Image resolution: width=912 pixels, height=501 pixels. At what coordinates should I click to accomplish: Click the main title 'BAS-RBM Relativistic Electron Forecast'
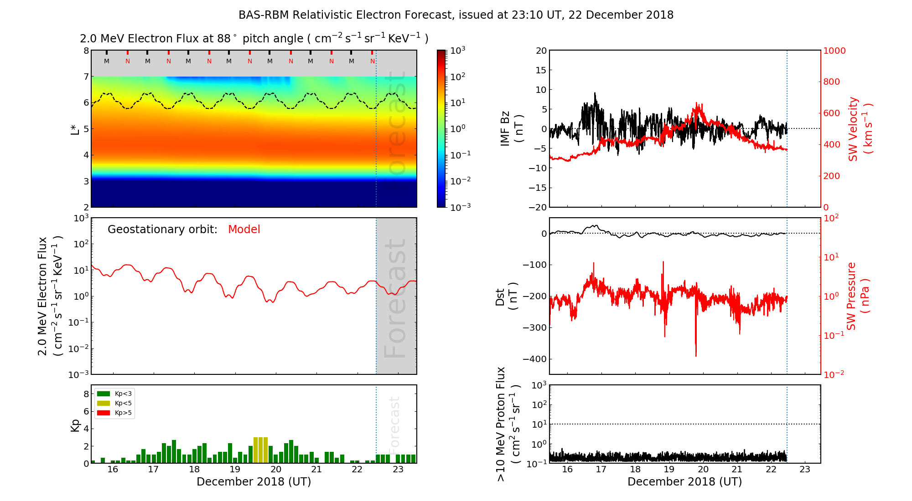(x=456, y=15)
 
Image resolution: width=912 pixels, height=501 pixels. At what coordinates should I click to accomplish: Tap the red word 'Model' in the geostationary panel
(x=244, y=230)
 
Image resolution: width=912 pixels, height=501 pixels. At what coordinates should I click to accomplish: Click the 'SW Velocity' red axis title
(x=859, y=129)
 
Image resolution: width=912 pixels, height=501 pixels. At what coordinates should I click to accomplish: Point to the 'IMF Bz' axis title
(x=511, y=129)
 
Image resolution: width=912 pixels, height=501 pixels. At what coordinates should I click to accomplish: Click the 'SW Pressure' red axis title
(x=857, y=296)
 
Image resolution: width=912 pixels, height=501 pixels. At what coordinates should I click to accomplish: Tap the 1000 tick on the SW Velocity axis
(x=834, y=51)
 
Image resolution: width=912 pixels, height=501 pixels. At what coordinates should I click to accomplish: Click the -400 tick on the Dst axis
(x=534, y=359)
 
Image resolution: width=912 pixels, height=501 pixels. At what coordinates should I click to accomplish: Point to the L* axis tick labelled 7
(x=86, y=77)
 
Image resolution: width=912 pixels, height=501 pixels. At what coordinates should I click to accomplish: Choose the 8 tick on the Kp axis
(x=86, y=394)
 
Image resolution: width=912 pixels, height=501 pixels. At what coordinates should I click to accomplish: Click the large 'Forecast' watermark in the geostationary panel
(x=395, y=298)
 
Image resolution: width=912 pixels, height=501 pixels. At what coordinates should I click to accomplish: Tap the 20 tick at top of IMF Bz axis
(x=541, y=51)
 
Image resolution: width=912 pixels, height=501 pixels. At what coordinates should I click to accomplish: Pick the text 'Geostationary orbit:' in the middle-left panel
(x=162, y=230)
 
